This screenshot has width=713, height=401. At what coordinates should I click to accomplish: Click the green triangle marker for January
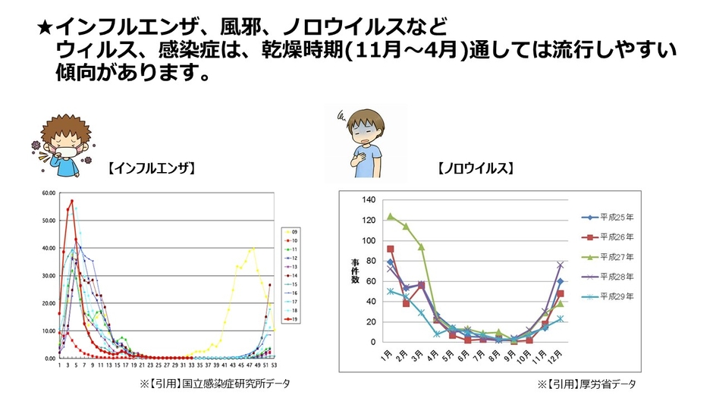(x=391, y=216)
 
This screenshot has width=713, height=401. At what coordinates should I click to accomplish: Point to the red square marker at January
(x=391, y=249)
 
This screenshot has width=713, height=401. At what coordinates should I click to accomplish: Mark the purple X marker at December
(x=561, y=265)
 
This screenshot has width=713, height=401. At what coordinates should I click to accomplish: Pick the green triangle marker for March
(x=422, y=247)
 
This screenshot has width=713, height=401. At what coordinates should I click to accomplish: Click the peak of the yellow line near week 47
(x=252, y=248)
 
